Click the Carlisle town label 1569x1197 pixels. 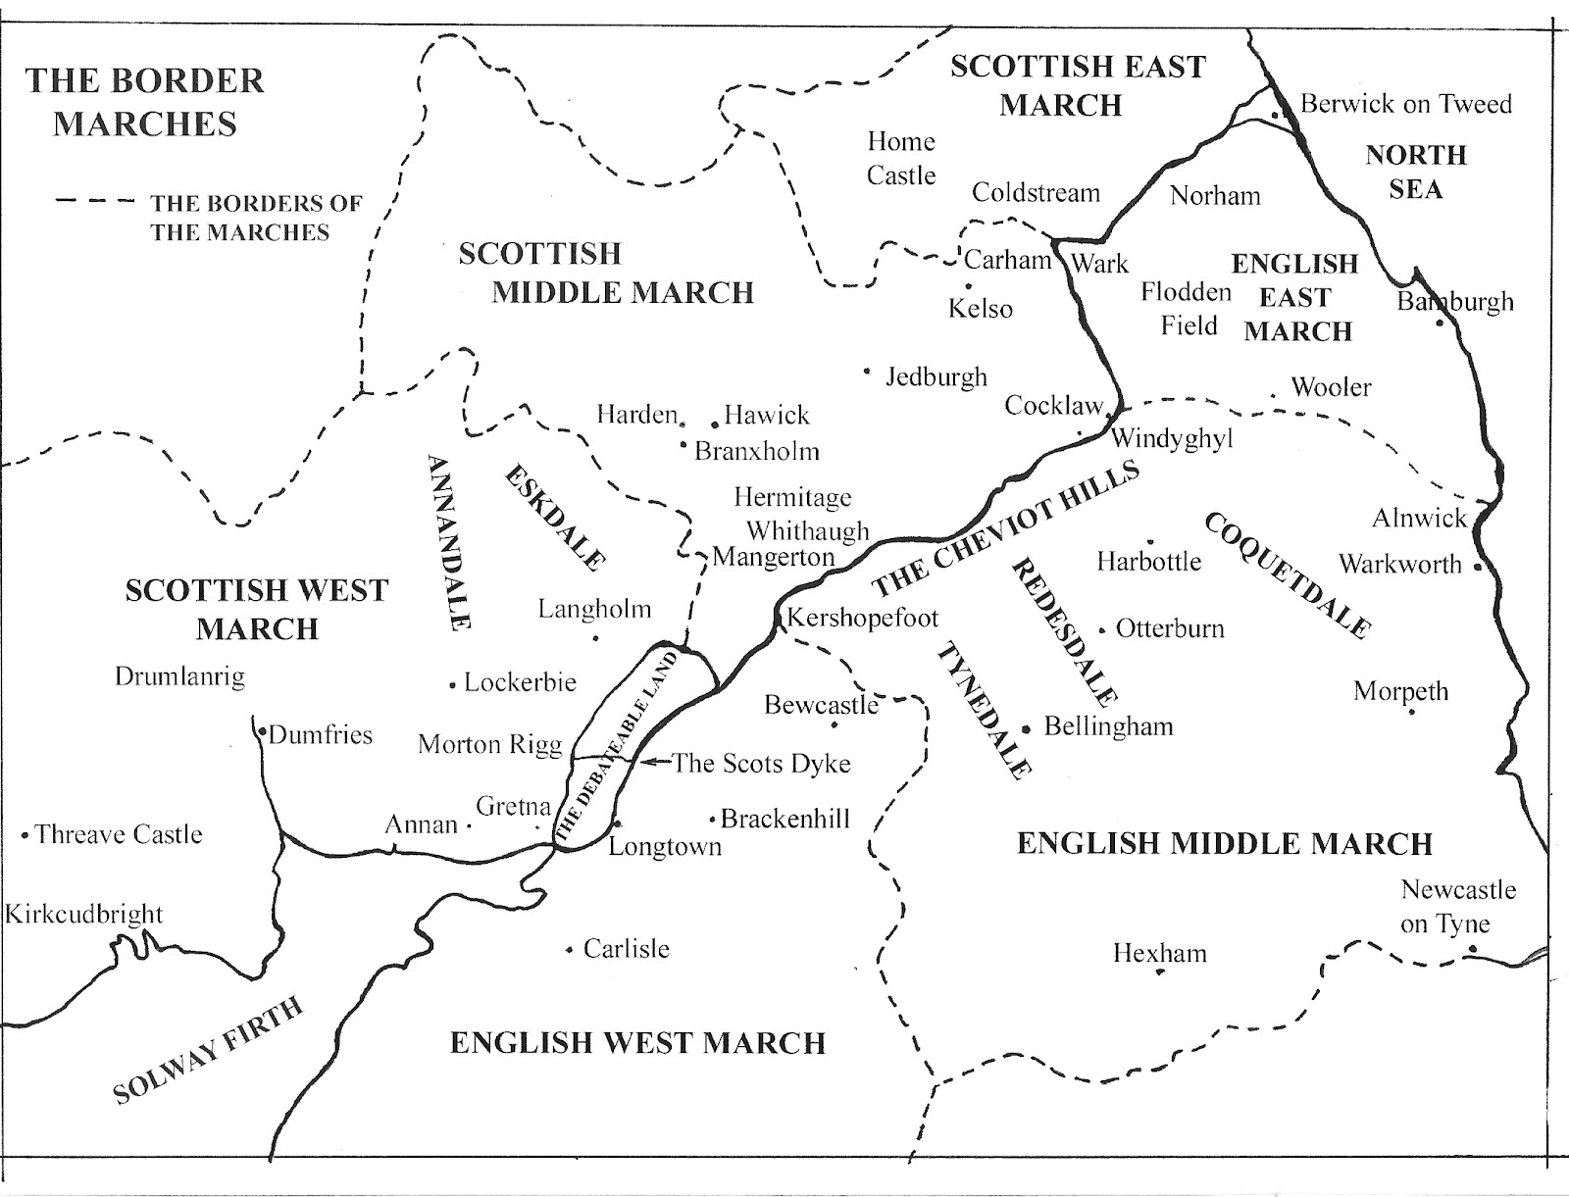pos(626,949)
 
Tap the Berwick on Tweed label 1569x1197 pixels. pos(1405,104)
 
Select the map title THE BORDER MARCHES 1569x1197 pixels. pos(145,102)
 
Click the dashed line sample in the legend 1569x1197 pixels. pos(94,203)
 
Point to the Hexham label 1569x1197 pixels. pos(1159,953)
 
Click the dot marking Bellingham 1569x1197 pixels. pos(1026,729)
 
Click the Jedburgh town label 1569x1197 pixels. pos(936,376)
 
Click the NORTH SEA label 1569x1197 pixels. pos(1415,172)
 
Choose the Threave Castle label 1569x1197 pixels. pos(119,834)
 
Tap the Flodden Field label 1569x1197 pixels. pos(1186,308)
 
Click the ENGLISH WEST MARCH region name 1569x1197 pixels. pos(637,1042)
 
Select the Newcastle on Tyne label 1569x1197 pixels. pos(1457,906)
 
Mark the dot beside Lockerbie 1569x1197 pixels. pos(452,685)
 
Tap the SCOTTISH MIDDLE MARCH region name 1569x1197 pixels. pos(606,273)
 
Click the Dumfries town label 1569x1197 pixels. pos(320,734)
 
